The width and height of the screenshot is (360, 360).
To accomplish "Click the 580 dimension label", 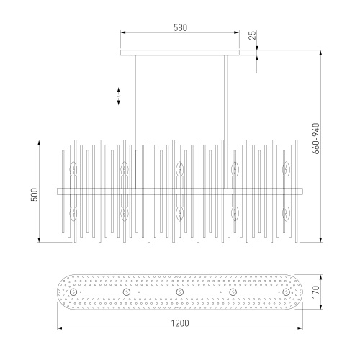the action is pos(180,27).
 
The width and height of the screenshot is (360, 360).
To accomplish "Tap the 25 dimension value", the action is pos(253,35).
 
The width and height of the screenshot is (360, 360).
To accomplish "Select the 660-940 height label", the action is pos(317,138).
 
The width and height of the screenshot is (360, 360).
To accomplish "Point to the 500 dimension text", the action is pos(35,194).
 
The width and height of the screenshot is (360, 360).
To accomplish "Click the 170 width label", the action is pos(316,292).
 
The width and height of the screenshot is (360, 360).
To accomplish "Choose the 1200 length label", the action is pos(180,323).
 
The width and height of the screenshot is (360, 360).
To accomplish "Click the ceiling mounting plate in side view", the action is pos(180,53).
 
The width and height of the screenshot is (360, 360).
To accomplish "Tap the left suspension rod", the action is pos(134,122).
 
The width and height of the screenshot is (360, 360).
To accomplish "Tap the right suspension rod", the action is pos(226,122).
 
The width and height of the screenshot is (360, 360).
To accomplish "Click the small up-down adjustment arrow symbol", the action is pos(119,96).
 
